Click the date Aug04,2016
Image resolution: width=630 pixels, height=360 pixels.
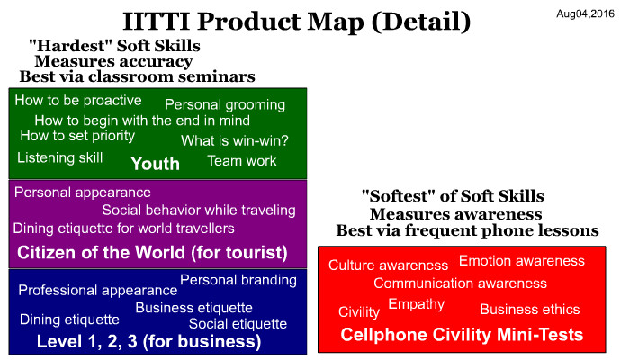[x=585, y=14]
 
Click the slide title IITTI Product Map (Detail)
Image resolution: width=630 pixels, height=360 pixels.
[x=296, y=22]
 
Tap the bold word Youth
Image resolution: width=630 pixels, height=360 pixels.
[x=155, y=164]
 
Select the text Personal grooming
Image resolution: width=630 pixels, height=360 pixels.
[x=225, y=105]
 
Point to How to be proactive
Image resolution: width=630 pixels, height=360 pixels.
[x=78, y=101]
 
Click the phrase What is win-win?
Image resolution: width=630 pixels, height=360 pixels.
[x=235, y=140]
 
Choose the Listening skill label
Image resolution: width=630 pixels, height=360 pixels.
[x=60, y=157]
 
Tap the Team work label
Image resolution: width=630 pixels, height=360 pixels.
[x=242, y=161]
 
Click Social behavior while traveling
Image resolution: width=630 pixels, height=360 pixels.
[x=199, y=210]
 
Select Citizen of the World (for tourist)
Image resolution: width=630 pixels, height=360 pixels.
[x=152, y=253]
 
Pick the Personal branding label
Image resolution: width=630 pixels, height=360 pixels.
[x=238, y=280]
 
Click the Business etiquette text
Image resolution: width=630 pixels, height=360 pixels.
[x=194, y=308]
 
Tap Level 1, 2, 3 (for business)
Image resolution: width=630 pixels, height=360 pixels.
[x=149, y=341]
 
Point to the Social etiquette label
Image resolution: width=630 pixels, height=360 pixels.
[x=238, y=324]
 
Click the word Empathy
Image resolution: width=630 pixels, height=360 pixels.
[x=416, y=304]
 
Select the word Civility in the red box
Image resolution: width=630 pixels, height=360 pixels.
[x=359, y=311]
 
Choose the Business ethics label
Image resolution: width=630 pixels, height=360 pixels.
[x=530, y=310]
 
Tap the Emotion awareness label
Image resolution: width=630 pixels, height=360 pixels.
[x=522, y=261]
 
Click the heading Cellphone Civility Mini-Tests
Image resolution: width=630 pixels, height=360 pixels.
[x=462, y=335]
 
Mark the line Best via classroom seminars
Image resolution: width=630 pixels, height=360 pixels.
[x=138, y=76]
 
